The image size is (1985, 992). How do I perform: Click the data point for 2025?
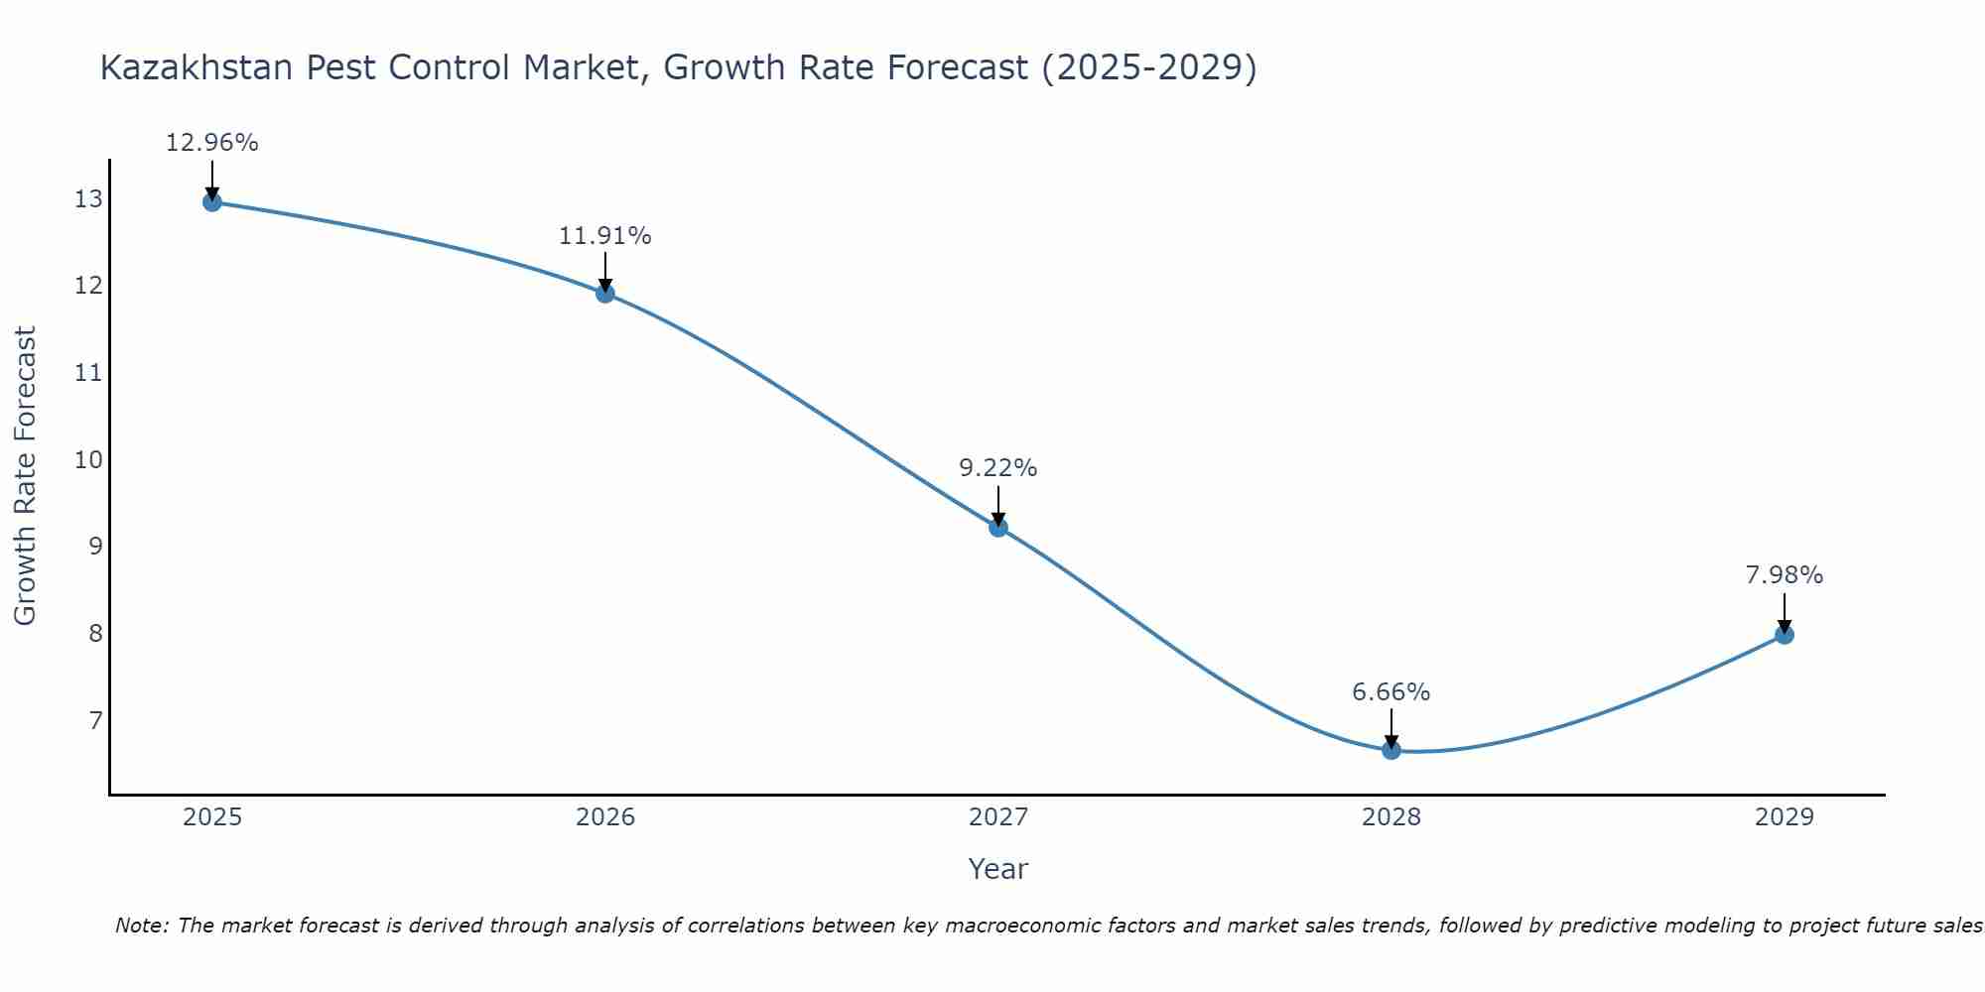click(x=211, y=202)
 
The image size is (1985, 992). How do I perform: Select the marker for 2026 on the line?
click(x=604, y=294)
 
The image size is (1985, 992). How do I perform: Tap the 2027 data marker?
click(x=998, y=528)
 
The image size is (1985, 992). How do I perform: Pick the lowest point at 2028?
click(x=1391, y=750)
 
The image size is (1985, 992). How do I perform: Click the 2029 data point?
click(x=1785, y=635)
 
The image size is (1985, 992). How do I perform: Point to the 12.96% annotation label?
click(x=211, y=143)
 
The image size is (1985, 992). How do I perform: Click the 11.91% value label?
click(x=604, y=236)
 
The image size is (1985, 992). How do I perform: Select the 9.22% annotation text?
click(x=997, y=468)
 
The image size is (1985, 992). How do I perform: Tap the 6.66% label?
click(x=1390, y=692)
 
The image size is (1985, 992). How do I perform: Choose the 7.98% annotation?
click(x=1784, y=575)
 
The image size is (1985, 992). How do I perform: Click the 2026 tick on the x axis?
click(x=605, y=817)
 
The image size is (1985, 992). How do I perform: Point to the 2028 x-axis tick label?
click(x=1391, y=817)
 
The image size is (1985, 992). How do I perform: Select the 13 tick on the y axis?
click(x=88, y=199)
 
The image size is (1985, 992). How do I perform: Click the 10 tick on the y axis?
click(x=88, y=459)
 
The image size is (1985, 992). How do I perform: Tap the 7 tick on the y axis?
click(x=95, y=720)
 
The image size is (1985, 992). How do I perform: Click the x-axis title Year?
click(x=997, y=869)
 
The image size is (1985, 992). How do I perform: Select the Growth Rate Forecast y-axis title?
click(x=25, y=476)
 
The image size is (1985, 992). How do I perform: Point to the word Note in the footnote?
click(x=141, y=926)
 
